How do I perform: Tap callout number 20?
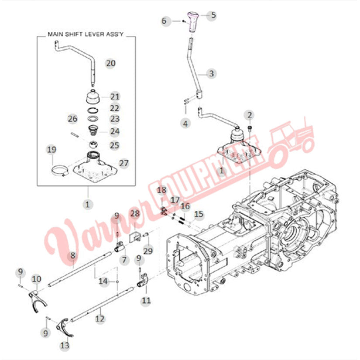110,63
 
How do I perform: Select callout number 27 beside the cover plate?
124,163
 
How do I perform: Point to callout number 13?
65,346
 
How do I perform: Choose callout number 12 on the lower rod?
100,319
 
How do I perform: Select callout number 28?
135,213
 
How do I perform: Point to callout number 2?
250,115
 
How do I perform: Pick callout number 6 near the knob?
165,21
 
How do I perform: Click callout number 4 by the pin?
186,123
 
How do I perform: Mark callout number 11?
146,300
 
